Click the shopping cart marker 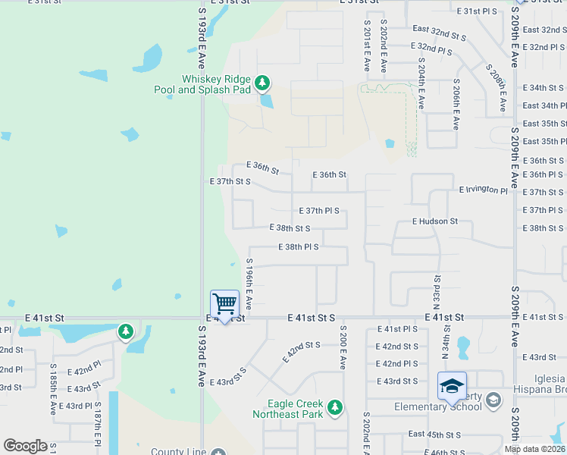(224, 305)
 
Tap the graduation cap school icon (452, 386)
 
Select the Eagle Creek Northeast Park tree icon (334, 408)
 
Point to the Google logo (25, 446)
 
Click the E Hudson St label (435, 221)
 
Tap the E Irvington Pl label (483, 190)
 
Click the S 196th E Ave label (249, 284)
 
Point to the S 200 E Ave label (343, 347)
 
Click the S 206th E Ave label (456, 104)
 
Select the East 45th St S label (435, 435)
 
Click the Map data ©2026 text (535, 449)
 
